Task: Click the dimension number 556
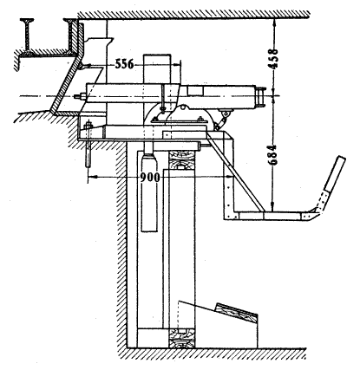[124, 64]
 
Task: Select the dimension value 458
[272, 59]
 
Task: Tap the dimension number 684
[272, 155]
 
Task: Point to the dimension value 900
[150, 178]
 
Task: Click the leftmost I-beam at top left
[27, 36]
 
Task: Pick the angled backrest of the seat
[335, 174]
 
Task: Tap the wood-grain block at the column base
[181, 338]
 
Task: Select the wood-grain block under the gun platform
[181, 159]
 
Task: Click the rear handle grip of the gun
[260, 97]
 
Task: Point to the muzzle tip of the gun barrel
[76, 96]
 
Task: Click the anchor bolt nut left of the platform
[88, 126]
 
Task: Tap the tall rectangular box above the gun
[157, 68]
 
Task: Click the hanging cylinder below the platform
[149, 192]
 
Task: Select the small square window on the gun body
[195, 90]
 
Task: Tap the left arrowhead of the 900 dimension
[91, 176]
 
